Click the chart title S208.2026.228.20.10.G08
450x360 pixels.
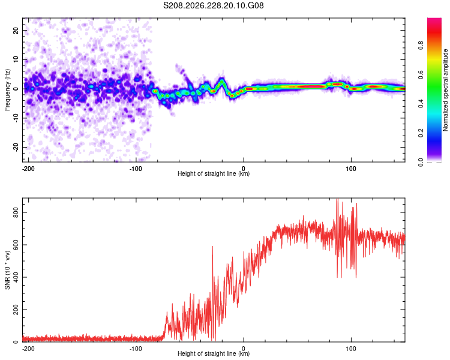pos(213,5)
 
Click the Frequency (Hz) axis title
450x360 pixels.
pos(7,90)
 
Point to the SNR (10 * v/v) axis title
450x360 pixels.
pos(7,270)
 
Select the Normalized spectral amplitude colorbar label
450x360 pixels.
pos(445,90)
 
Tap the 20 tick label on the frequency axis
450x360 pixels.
pos(16,30)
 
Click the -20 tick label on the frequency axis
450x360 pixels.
pos(16,147)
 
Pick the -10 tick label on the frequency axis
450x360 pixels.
pos(16,118)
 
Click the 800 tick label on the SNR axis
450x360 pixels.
pos(16,212)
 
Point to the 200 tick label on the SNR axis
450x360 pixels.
pos(16,310)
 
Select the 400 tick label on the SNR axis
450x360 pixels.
pos(16,277)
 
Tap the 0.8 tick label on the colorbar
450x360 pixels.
pos(421,45)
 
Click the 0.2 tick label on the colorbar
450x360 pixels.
pos(421,133)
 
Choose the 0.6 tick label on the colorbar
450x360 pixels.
pos(421,74)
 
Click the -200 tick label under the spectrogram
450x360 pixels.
pos(28,169)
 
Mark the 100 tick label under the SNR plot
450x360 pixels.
pos(351,349)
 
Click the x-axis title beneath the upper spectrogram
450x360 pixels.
pos(214,173)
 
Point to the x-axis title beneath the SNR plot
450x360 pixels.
pos(214,353)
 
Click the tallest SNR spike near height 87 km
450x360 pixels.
pos(337,199)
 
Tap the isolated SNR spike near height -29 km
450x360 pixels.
pos(212,247)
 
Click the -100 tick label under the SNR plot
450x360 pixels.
pos(135,349)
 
